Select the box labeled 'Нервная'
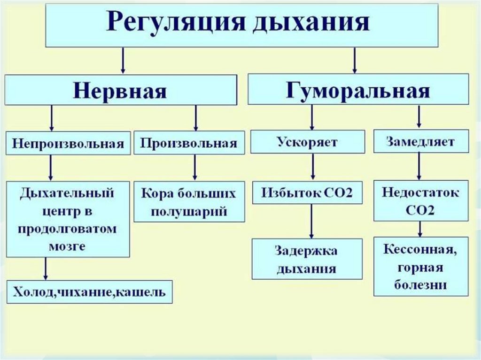[120, 90]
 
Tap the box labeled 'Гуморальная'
[358, 89]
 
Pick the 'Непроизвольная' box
[68, 143]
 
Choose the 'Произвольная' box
[189, 142]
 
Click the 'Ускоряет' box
[307, 142]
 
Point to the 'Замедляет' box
[421, 141]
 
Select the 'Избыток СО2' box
[307, 193]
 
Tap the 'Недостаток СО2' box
[421, 200]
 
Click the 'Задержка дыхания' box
[307, 259]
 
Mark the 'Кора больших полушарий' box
[189, 201]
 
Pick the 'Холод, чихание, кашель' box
[89, 292]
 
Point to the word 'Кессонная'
[420, 250]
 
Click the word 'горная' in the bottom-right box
[420, 267]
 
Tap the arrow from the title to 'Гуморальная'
[354, 60]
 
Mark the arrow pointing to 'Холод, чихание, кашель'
[46, 269]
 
